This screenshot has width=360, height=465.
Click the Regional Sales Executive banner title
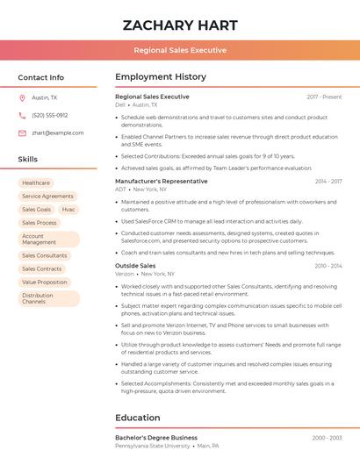pos(179,50)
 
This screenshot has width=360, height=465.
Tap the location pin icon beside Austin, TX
pos(22,98)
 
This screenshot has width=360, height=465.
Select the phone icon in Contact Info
pos(22,115)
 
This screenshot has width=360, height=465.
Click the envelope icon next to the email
pos(22,133)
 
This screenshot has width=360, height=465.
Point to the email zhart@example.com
pos(58,133)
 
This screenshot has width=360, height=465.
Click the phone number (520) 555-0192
pos(50,115)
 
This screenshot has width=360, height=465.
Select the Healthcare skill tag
pos(36,183)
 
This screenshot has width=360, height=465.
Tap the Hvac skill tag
pos(68,210)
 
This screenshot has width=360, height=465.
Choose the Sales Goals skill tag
pos(37,210)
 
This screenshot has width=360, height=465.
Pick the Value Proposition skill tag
pos(45,283)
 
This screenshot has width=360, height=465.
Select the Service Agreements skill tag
pos(47,197)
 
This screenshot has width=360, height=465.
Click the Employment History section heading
pos(161,77)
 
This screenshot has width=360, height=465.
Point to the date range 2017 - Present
pos(324,97)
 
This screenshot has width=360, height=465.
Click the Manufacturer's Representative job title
pos(162,182)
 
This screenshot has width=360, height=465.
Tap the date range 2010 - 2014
pos(328,266)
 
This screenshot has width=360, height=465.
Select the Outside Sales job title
pos(135,266)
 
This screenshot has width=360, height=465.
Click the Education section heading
pos(138,418)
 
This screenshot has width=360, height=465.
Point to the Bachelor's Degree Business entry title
pos(156,437)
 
